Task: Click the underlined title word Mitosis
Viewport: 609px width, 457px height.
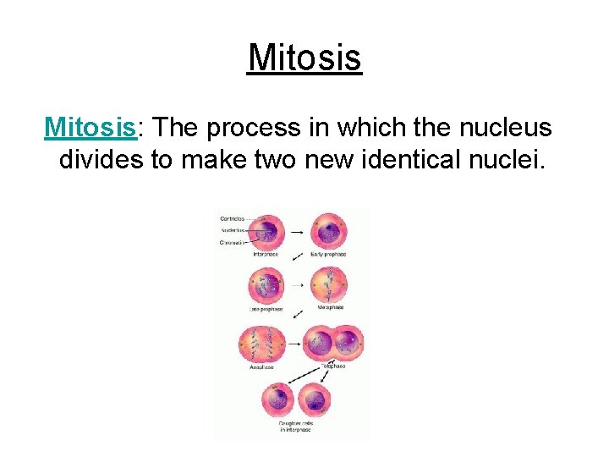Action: pyautogui.click(x=304, y=58)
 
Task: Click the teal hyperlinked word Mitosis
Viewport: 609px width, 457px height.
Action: pyautogui.click(x=91, y=127)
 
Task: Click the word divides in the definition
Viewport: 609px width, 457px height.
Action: pyautogui.click(x=101, y=158)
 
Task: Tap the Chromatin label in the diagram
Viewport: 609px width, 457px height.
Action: pyautogui.click(x=233, y=242)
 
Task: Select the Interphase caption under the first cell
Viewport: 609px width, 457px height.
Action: pyautogui.click(x=264, y=254)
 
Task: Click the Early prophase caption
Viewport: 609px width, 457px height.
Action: pyautogui.click(x=326, y=254)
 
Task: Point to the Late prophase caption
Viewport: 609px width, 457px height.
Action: pyautogui.click(x=264, y=309)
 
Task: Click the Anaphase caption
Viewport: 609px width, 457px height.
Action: pyautogui.click(x=263, y=368)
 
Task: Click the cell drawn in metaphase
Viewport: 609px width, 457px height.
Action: pyautogui.click(x=327, y=286)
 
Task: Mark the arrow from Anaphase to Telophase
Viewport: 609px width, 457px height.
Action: pyautogui.click(x=294, y=345)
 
